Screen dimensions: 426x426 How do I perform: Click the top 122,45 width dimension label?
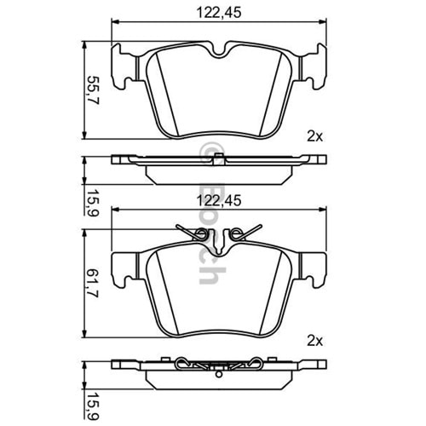pyautogui.click(x=219, y=13)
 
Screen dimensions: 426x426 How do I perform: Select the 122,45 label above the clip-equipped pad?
pyautogui.click(x=219, y=200)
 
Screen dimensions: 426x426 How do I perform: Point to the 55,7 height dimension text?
pyautogui.click(x=93, y=90)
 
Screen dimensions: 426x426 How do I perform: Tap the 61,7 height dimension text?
pyautogui.click(x=93, y=283)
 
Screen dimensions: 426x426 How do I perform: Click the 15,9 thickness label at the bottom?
pyautogui.click(x=93, y=407)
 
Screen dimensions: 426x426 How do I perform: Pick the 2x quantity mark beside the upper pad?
pyautogui.click(x=315, y=137)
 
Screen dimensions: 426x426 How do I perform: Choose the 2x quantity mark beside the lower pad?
pyautogui.click(x=315, y=341)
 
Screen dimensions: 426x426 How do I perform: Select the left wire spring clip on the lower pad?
pyautogui.click(x=193, y=233)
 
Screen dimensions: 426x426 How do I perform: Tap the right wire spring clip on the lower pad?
pyautogui.click(x=245, y=233)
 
